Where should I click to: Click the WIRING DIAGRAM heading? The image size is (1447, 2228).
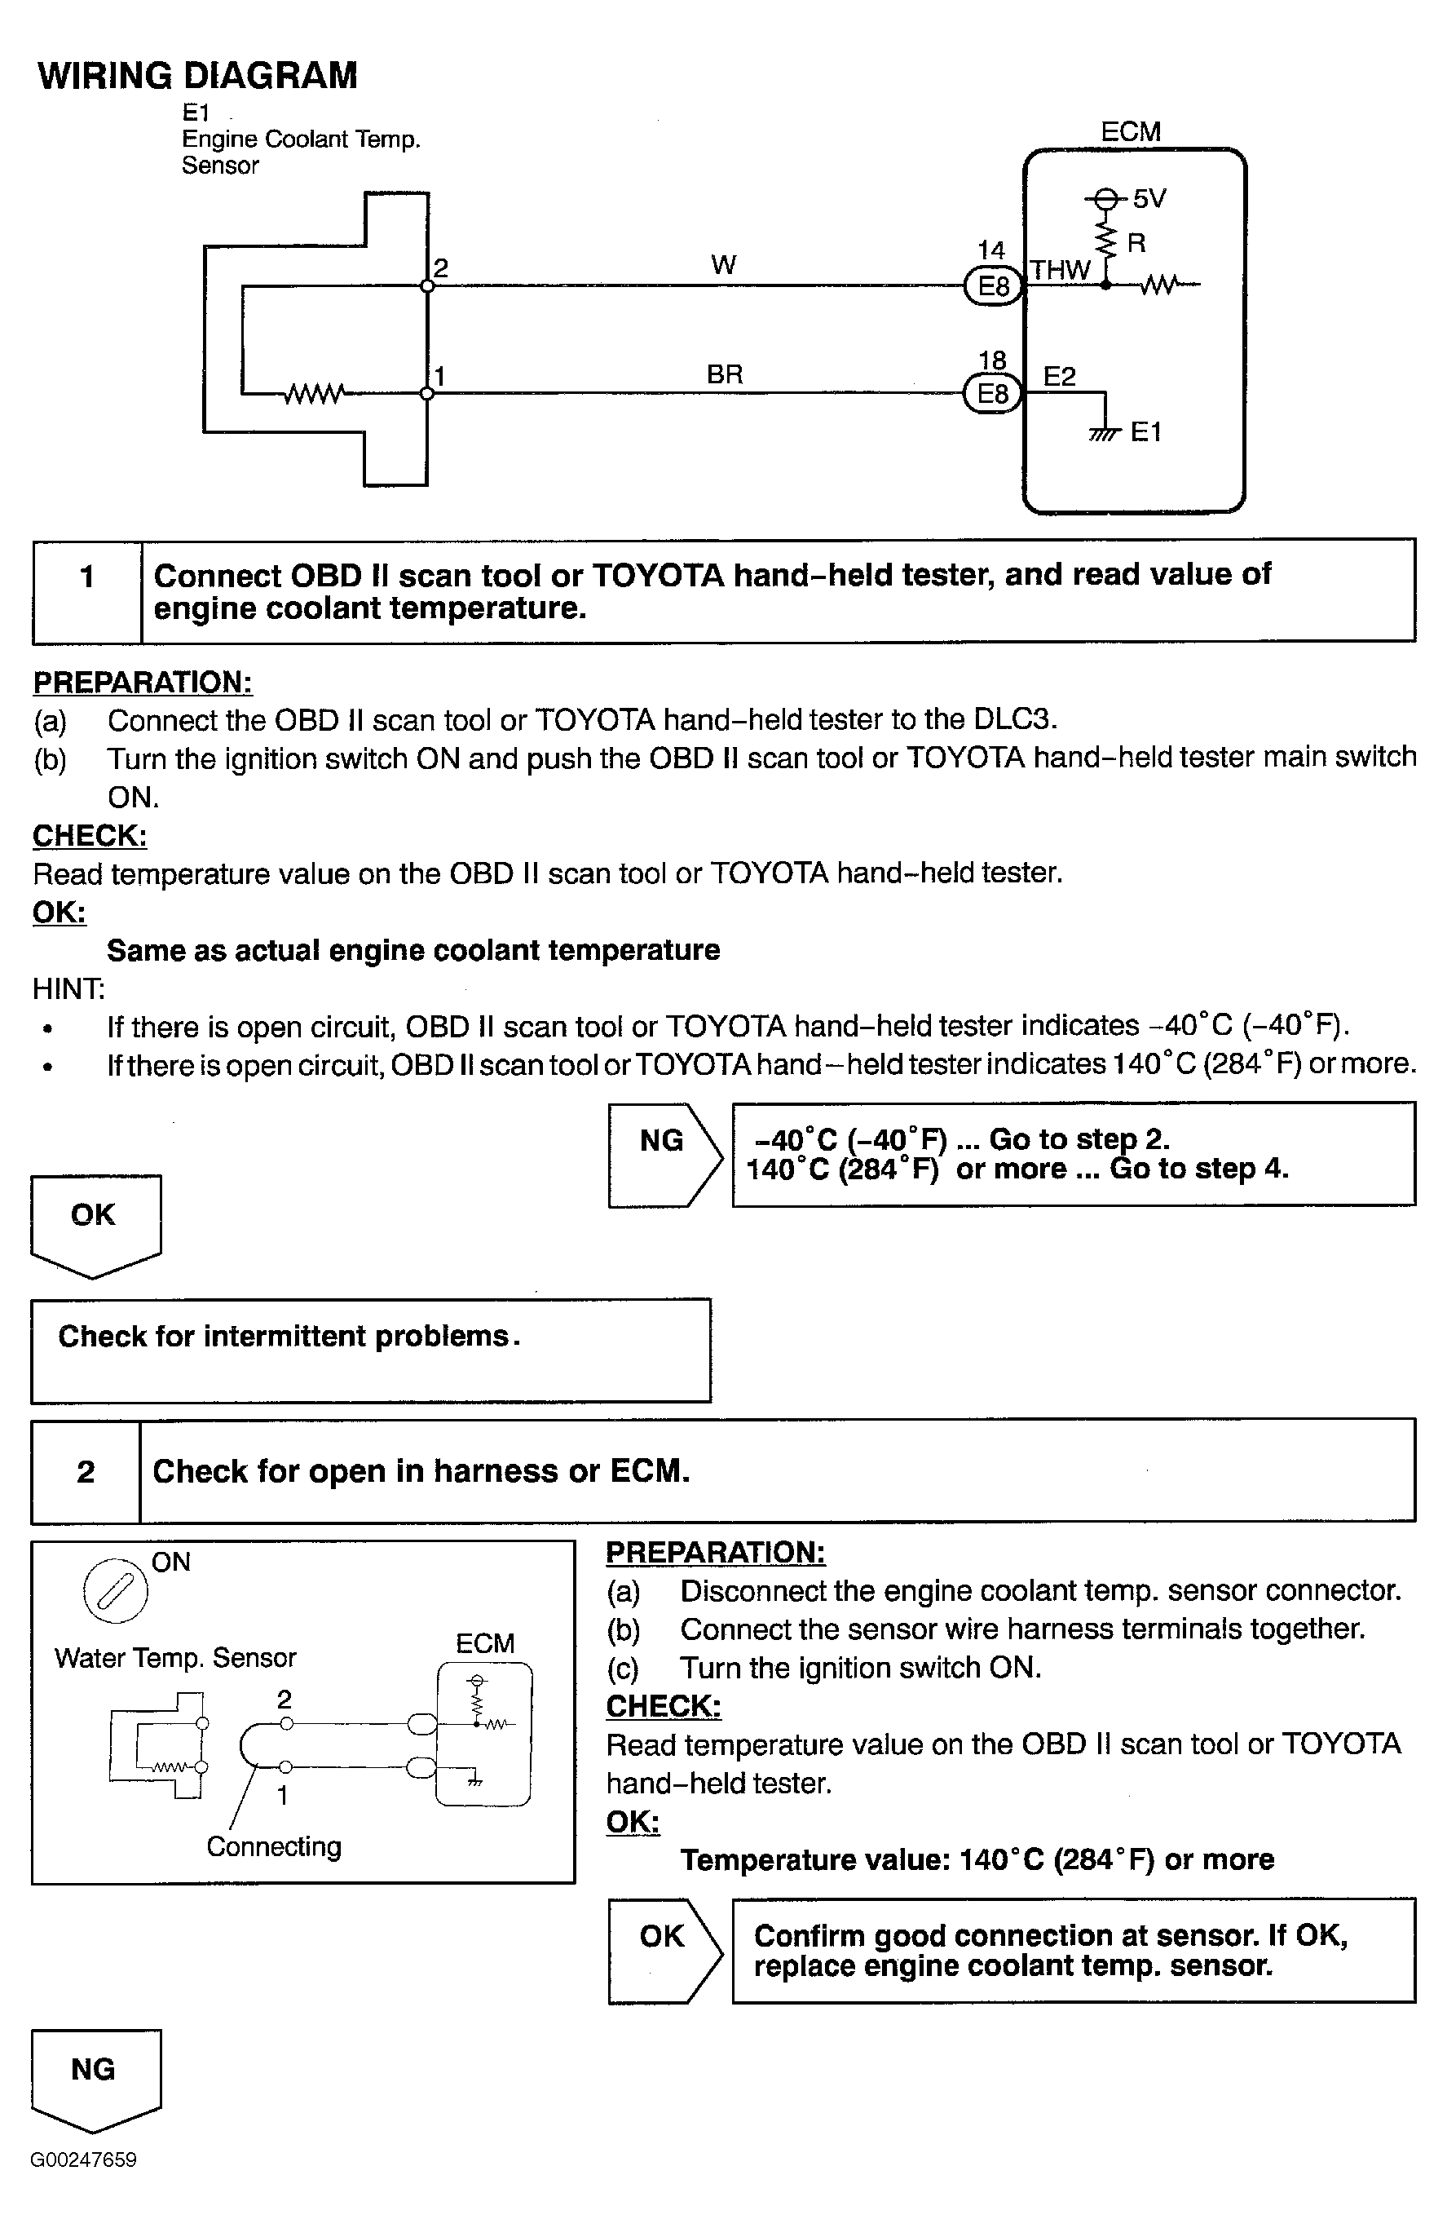tap(197, 76)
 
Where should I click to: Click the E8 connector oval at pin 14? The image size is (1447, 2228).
tap(992, 285)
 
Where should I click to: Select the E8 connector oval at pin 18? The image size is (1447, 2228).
tap(992, 393)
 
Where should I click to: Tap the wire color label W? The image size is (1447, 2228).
tap(722, 265)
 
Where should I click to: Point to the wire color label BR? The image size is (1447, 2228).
tap(725, 374)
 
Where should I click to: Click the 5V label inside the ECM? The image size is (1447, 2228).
tap(1149, 198)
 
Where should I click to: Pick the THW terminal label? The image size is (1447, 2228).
tap(1061, 271)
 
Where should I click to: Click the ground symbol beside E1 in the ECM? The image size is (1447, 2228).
tap(1105, 432)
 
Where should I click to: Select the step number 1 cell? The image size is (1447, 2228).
tap(87, 590)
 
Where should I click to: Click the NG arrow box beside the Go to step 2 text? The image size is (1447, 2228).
tap(662, 1154)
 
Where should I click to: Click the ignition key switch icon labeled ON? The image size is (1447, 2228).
tap(116, 1590)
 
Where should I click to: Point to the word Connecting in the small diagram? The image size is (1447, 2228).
tap(273, 1846)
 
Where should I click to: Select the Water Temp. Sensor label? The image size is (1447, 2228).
tap(175, 1658)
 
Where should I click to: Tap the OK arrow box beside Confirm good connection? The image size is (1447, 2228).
tap(662, 1950)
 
